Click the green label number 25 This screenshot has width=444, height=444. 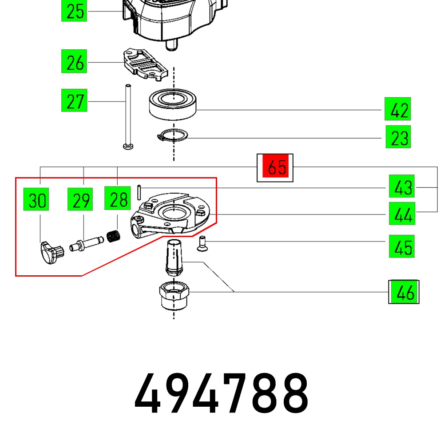[x=74, y=11]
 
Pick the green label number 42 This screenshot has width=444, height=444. [x=398, y=109]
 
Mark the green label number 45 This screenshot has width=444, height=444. [x=402, y=246]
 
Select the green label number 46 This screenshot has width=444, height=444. [x=404, y=292]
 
